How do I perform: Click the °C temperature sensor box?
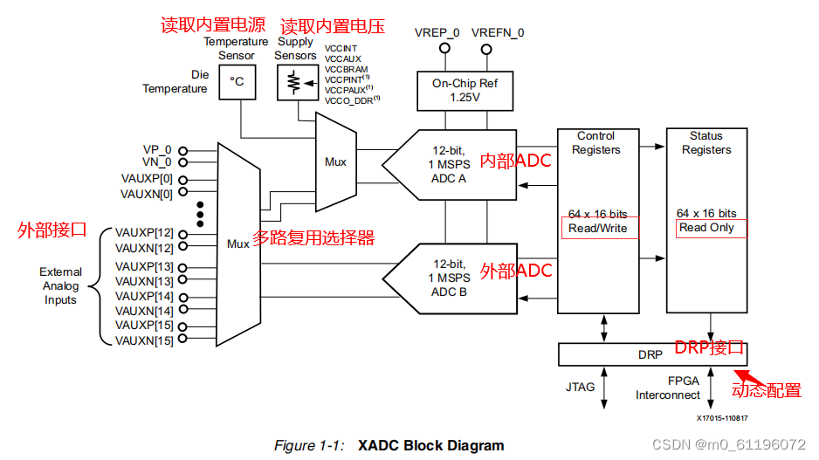coord(237,81)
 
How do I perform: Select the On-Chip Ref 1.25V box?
coord(465,91)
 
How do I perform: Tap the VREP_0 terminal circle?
coord(444,49)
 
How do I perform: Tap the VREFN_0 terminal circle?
coord(497,49)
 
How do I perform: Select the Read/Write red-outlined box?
coord(599,228)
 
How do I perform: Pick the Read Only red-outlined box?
coord(712,227)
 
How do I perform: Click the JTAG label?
coord(581,385)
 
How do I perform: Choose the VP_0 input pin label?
coord(157,149)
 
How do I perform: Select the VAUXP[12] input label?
coord(144,233)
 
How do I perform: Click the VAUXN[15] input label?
coord(144,340)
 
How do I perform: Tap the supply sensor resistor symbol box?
coord(295,81)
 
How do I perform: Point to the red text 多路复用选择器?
coord(313,238)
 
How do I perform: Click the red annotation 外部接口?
coord(52,230)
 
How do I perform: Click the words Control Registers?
coord(596,142)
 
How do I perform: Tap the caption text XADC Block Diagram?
coord(430,445)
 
